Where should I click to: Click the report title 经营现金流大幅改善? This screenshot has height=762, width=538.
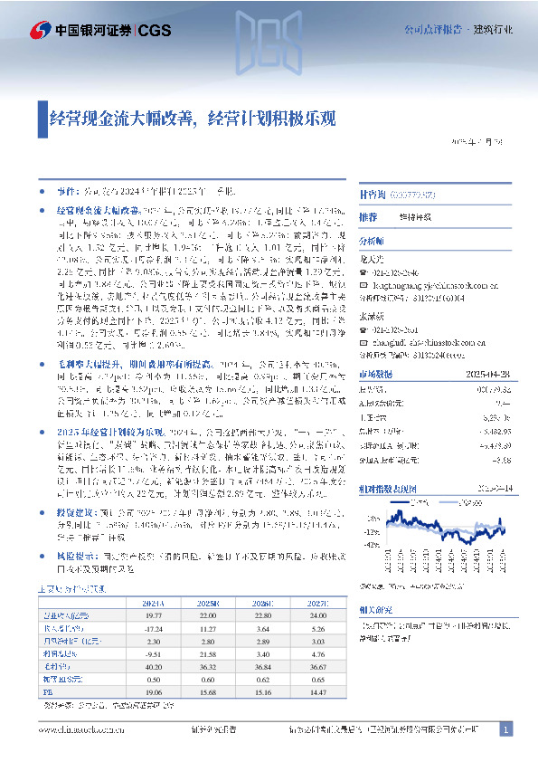coord(126,117)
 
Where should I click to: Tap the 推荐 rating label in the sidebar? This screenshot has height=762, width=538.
coord(367,217)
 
